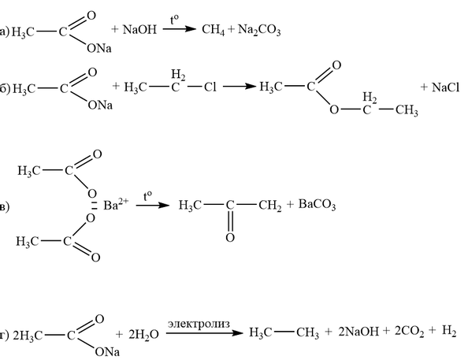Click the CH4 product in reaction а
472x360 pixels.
point(213,30)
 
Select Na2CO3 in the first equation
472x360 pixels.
point(259,30)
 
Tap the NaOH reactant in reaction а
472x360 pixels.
point(139,29)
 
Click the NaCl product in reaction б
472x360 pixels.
point(445,87)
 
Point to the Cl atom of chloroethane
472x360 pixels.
point(210,87)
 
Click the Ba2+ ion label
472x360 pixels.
point(116,205)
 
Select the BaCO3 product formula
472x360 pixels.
point(317,205)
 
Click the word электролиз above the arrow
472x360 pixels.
point(199,325)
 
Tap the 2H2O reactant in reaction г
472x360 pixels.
point(143,335)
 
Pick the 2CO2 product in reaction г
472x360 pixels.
point(410,332)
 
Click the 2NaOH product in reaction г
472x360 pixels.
point(359,332)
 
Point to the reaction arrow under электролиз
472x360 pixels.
point(204,333)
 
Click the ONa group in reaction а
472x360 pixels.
point(99,48)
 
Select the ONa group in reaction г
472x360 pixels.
point(107,351)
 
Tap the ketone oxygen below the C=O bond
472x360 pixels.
point(230,238)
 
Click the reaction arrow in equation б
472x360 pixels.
point(240,87)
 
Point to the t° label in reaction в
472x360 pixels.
point(147,197)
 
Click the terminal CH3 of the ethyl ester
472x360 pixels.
point(407,110)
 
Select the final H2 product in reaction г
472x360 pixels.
point(449,331)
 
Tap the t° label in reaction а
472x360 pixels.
point(174,20)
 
